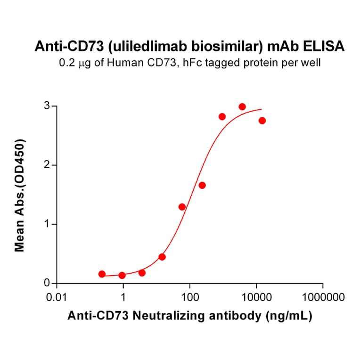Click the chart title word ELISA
(x=326, y=46)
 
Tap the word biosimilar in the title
(x=237, y=46)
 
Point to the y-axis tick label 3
(x=47, y=106)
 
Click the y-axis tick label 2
(x=47, y=165)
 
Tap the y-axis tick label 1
(x=47, y=224)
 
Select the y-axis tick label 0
(x=47, y=283)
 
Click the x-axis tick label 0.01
(x=57, y=297)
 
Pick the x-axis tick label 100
(x=189, y=297)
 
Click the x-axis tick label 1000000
(x=323, y=297)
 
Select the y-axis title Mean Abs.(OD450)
(x=20, y=195)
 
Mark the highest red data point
(x=242, y=107)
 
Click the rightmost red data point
(x=262, y=121)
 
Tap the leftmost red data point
(x=102, y=274)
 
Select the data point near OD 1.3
(x=182, y=207)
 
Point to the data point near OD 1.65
(x=202, y=185)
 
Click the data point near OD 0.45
(x=162, y=257)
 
